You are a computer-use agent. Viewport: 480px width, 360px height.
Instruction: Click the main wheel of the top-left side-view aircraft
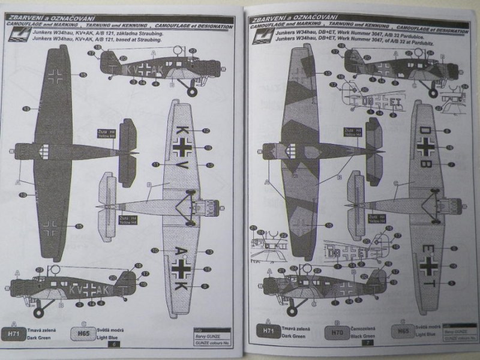(x=191, y=92)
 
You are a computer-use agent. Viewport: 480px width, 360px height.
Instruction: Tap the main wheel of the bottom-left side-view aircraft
(x=37, y=311)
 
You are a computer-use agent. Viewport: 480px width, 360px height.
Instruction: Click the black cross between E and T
(x=427, y=262)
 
